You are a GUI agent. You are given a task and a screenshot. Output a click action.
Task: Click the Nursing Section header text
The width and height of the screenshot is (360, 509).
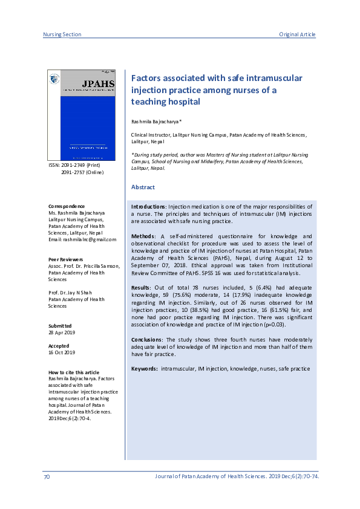pos(62,34)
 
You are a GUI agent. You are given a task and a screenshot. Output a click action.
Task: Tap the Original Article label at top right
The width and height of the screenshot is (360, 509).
pos(297,34)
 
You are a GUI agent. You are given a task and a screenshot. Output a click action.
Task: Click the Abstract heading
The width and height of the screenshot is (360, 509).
pos(143,187)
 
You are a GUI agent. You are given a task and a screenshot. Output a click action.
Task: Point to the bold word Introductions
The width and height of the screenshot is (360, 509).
pos(148,207)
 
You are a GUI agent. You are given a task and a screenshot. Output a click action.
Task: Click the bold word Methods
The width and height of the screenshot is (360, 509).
pos(143,236)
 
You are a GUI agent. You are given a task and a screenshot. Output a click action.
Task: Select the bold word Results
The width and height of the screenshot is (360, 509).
pos(142,287)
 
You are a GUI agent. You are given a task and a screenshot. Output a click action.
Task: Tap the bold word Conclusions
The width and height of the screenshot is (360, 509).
pos(148,339)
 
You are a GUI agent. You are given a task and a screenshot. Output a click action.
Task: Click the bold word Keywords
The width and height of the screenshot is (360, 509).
pos(145,368)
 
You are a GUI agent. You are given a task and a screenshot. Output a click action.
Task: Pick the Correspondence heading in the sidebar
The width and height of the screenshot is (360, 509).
pos(67,206)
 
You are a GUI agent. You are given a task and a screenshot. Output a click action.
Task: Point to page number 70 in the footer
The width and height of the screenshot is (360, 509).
pos(47,477)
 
